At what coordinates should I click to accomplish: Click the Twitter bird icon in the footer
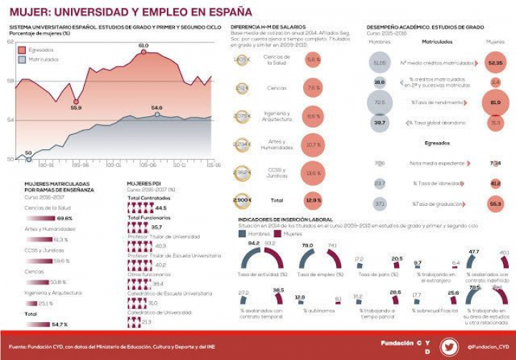click(449, 346)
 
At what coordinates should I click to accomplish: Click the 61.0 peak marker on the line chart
click(143, 52)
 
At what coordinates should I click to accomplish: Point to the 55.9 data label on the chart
click(76, 108)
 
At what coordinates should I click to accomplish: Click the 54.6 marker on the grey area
click(157, 114)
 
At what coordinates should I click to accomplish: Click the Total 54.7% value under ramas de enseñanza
click(59, 324)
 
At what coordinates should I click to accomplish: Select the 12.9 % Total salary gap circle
click(313, 200)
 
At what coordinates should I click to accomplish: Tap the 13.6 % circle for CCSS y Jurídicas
click(313, 172)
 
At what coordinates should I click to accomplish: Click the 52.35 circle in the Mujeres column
click(495, 64)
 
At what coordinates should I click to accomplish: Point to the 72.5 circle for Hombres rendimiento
click(380, 103)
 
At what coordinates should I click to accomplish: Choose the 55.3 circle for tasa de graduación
click(495, 204)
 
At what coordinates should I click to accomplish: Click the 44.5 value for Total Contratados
click(161, 208)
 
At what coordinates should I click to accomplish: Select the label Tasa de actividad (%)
click(262, 275)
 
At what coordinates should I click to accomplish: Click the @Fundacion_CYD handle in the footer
click(487, 346)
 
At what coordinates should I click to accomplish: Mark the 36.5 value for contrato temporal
click(278, 290)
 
